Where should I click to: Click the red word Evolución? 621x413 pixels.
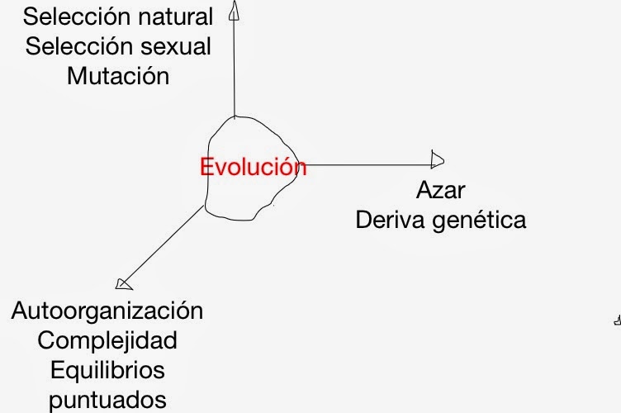(x=253, y=167)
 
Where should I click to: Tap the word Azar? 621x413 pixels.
(x=440, y=191)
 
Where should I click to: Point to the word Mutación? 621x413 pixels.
(x=118, y=76)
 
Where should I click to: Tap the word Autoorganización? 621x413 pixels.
(x=107, y=311)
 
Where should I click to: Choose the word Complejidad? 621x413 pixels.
(x=107, y=340)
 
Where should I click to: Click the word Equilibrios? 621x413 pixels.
(x=107, y=369)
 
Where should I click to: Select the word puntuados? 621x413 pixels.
(x=107, y=400)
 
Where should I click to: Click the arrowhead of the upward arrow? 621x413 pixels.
(x=234, y=9)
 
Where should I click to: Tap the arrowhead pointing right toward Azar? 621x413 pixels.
(x=438, y=159)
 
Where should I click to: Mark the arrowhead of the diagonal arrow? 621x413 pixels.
(x=124, y=284)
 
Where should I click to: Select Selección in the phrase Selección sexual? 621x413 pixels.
(x=76, y=45)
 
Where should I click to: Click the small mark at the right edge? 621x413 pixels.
(x=617, y=320)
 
